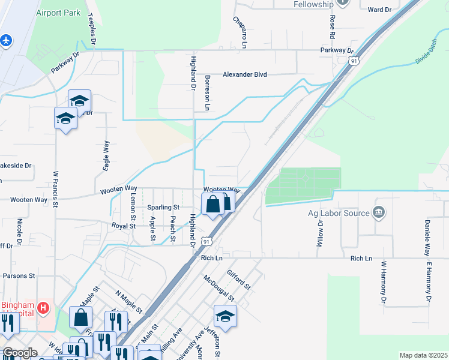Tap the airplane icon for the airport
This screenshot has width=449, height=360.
click(x=6, y=40)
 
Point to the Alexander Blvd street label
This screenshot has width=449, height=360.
click(x=244, y=74)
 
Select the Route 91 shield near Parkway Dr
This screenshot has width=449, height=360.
click(x=355, y=61)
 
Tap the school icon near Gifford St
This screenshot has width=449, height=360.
click(x=225, y=317)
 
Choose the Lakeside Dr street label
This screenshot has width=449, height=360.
click(x=16, y=165)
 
